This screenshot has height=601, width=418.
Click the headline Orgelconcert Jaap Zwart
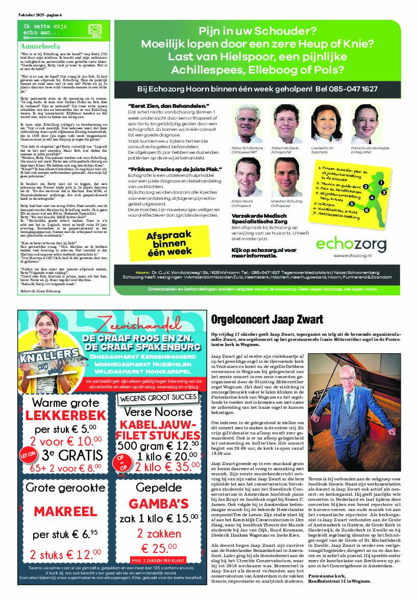coord(267,319)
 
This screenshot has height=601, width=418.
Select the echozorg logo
coord(351,244)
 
